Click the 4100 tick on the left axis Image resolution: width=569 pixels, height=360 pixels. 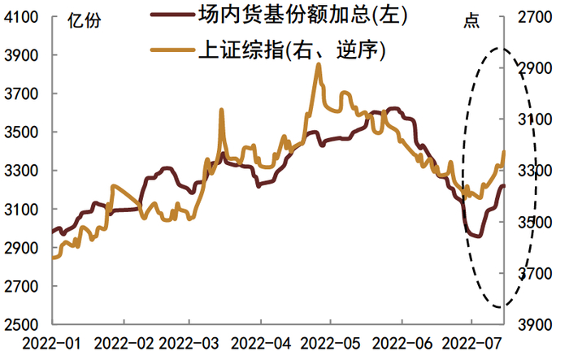click(25, 16)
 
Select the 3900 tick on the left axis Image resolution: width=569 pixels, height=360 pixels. click(25, 55)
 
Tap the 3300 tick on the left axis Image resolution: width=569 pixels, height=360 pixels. click(25, 171)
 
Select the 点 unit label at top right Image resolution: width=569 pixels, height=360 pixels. click(471, 21)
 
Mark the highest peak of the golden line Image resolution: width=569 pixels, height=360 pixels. click(319, 65)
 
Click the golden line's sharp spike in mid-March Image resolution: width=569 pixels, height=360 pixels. click(222, 110)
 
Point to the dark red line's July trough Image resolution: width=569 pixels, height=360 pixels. click(476, 235)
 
